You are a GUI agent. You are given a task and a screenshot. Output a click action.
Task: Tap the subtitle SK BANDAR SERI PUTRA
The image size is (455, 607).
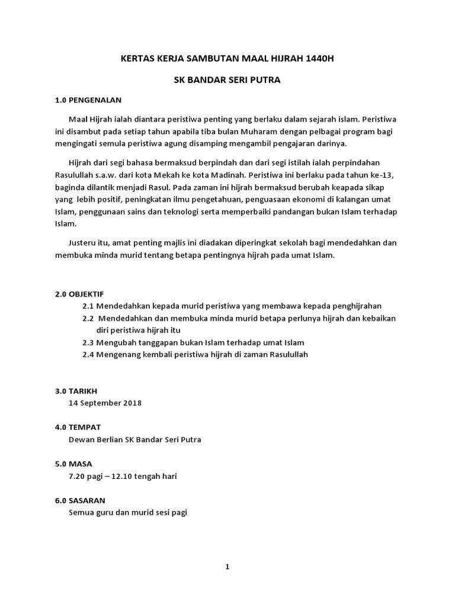point(227,79)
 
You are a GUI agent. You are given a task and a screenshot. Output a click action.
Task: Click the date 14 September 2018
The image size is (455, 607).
point(105,403)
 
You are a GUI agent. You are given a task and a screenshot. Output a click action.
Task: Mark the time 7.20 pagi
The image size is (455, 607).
point(89,476)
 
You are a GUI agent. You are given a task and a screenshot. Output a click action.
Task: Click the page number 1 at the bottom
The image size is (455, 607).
point(227,567)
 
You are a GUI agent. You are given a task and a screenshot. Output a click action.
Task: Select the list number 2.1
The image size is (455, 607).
point(88,306)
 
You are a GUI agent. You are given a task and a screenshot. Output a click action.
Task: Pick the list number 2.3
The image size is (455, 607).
point(88,343)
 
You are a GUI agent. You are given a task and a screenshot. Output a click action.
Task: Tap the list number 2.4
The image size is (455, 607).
point(88,354)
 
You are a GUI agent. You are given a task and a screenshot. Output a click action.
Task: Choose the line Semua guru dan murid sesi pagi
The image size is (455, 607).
point(128,512)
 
